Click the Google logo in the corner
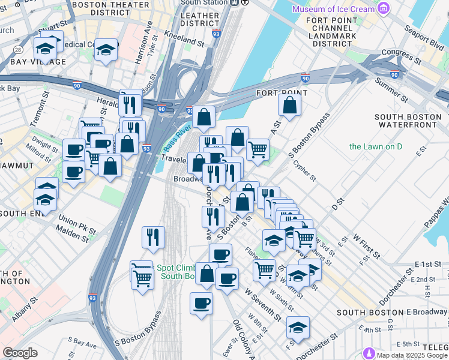tap(20, 352)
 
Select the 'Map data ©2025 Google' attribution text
tap(411, 355)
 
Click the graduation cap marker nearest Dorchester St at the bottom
tap(298, 328)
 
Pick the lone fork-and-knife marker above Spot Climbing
tap(153, 237)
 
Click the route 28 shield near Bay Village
tap(19, 49)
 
